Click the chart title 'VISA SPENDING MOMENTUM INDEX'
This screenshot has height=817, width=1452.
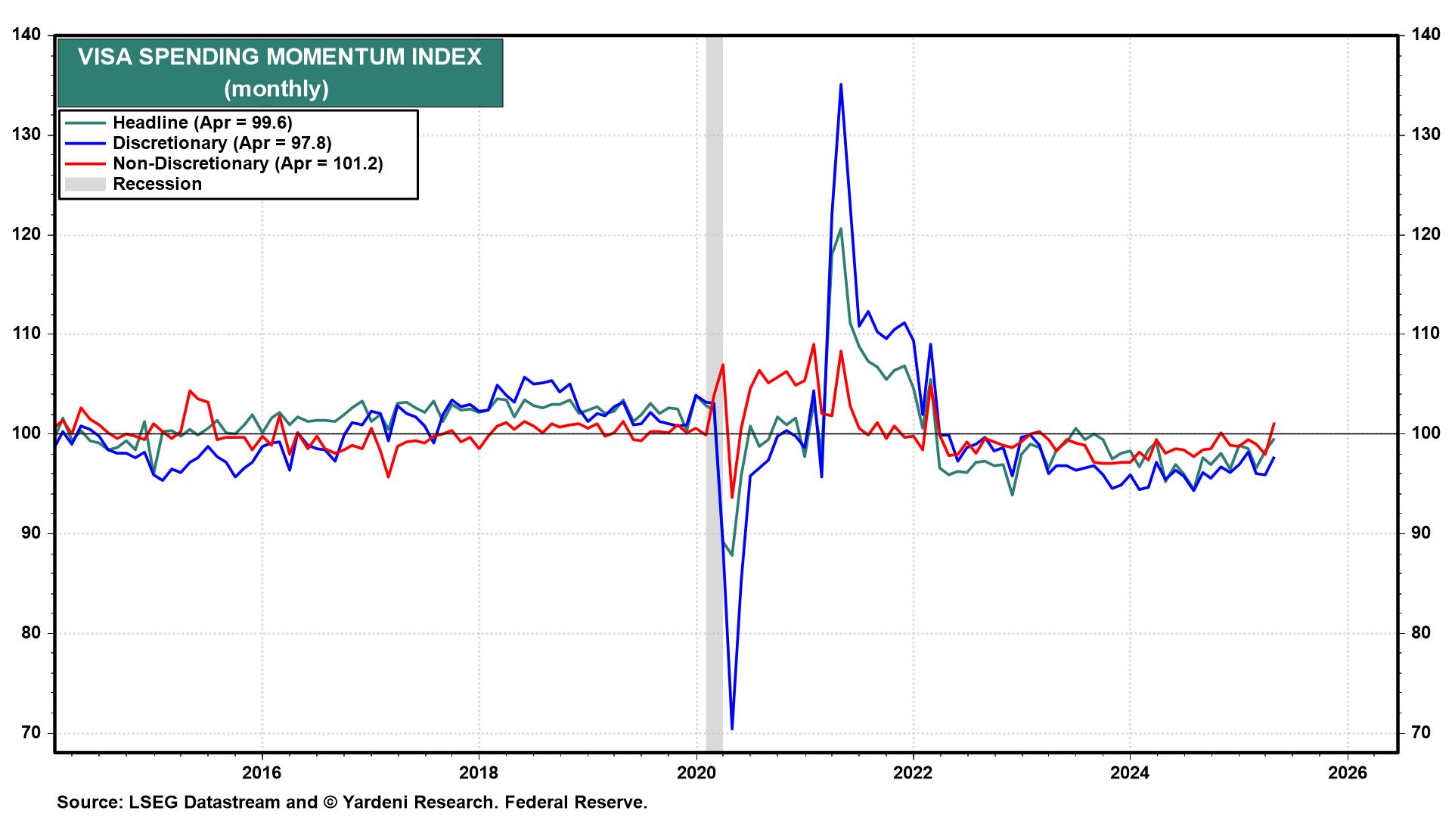280,57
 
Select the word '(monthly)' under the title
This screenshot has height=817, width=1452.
276,89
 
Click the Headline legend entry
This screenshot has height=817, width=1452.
202,123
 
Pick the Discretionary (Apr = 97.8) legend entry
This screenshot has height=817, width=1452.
222,143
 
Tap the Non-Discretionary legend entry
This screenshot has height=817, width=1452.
247,163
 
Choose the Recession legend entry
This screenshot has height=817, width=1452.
157,184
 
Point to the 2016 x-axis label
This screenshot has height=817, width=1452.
261,772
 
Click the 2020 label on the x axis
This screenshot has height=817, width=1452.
696,772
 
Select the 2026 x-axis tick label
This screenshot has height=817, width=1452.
1347,772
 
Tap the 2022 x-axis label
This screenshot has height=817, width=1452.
913,772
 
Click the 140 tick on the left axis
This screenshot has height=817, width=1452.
26,35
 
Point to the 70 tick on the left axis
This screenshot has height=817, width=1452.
32,732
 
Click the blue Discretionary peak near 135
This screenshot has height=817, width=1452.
841,85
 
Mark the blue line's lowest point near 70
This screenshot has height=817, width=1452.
732,728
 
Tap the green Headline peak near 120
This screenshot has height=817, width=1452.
841,228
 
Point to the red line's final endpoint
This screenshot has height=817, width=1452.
1274,424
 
